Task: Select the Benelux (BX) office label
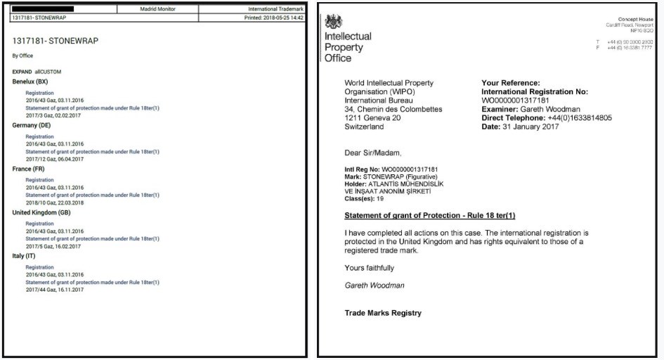34,82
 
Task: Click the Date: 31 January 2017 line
519,127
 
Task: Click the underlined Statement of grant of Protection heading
429,214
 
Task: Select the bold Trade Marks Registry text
383,313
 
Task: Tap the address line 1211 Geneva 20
378,117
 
